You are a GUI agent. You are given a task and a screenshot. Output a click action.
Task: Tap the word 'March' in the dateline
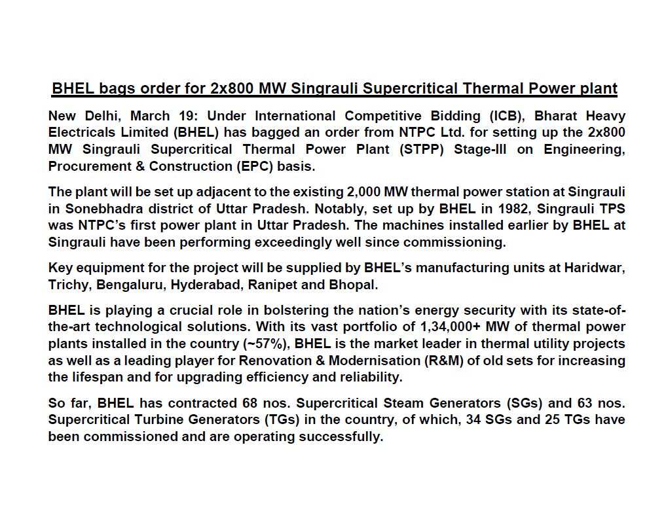[x=151, y=116]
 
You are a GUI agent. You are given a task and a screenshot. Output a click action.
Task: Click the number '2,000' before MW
[x=363, y=192]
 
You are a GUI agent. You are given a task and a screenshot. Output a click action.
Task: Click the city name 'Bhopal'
[x=355, y=285]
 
